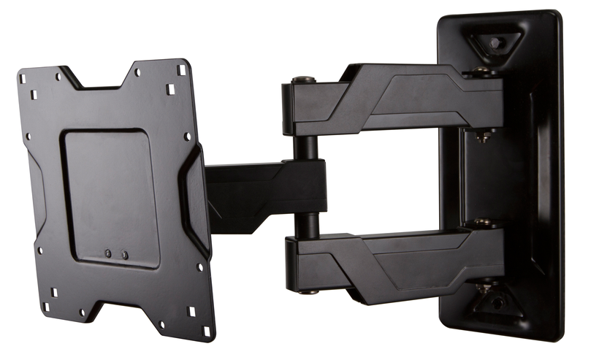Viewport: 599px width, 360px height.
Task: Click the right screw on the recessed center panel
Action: (x=124, y=255)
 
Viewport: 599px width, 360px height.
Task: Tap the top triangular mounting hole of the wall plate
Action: (x=495, y=42)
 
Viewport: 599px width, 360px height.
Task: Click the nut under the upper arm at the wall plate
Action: (x=483, y=136)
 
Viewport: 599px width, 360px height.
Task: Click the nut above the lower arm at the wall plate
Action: (x=482, y=223)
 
